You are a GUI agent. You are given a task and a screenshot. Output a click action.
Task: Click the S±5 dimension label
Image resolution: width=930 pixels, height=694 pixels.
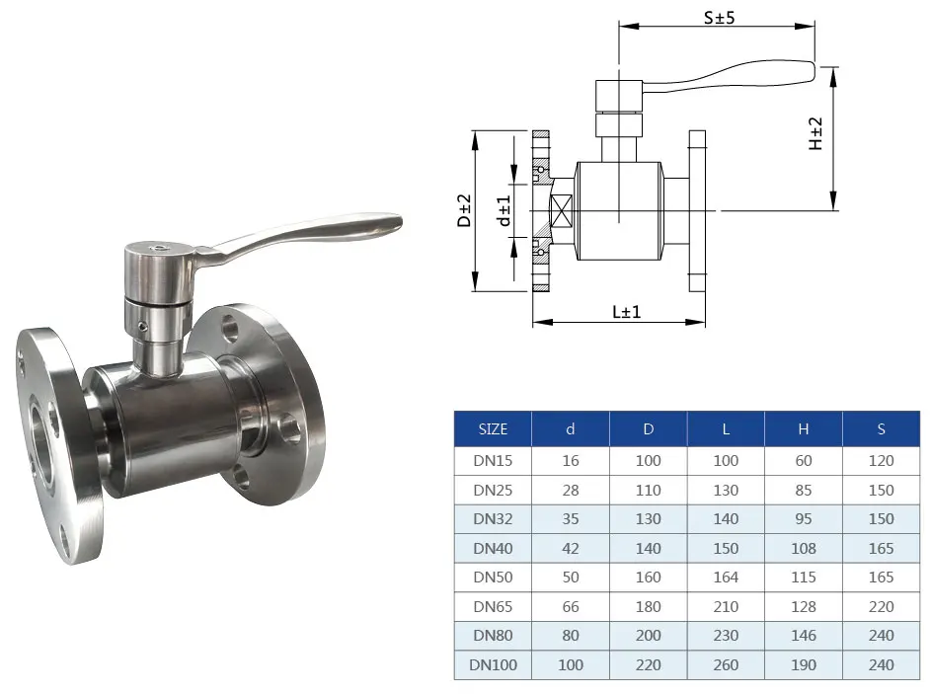click(x=717, y=17)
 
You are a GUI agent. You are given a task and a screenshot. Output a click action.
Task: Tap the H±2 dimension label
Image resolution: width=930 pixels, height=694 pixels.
click(x=816, y=133)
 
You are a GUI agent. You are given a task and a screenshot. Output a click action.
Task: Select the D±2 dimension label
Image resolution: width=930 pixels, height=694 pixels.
click(x=464, y=210)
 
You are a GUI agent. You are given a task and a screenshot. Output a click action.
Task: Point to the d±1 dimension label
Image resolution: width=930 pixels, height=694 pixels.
click(x=504, y=210)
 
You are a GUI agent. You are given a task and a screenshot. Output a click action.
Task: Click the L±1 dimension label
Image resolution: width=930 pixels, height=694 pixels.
click(x=627, y=312)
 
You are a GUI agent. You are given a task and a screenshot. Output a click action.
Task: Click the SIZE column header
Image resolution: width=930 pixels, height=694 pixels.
click(x=493, y=429)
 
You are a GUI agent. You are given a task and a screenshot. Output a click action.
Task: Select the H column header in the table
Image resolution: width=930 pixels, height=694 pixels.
click(x=804, y=429)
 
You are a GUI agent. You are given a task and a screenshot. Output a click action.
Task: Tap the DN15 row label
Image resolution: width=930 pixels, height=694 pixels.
click(x=493, y=460)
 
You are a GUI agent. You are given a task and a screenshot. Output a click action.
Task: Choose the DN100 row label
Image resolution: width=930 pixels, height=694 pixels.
click(x=493, y=664)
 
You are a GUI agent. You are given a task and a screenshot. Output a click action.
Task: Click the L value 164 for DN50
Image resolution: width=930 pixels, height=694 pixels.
click(x=726, y=577)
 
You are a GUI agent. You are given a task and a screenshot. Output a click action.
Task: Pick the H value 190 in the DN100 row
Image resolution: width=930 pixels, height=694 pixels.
click(x=804, y=664)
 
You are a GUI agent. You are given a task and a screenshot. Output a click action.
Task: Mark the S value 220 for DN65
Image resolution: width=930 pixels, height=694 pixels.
click(x=881, y=606)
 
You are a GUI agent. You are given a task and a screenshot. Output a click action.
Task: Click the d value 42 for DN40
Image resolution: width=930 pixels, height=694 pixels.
click(x=571, y=548)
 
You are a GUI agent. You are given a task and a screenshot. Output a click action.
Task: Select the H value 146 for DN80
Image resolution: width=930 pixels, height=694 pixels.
click(x=804, y=636)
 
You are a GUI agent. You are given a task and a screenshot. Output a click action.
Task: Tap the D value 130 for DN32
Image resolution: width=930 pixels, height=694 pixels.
click(x=649, y=518)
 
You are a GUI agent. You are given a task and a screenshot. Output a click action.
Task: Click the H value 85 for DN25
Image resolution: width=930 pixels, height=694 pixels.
click(x=804, y=490)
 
